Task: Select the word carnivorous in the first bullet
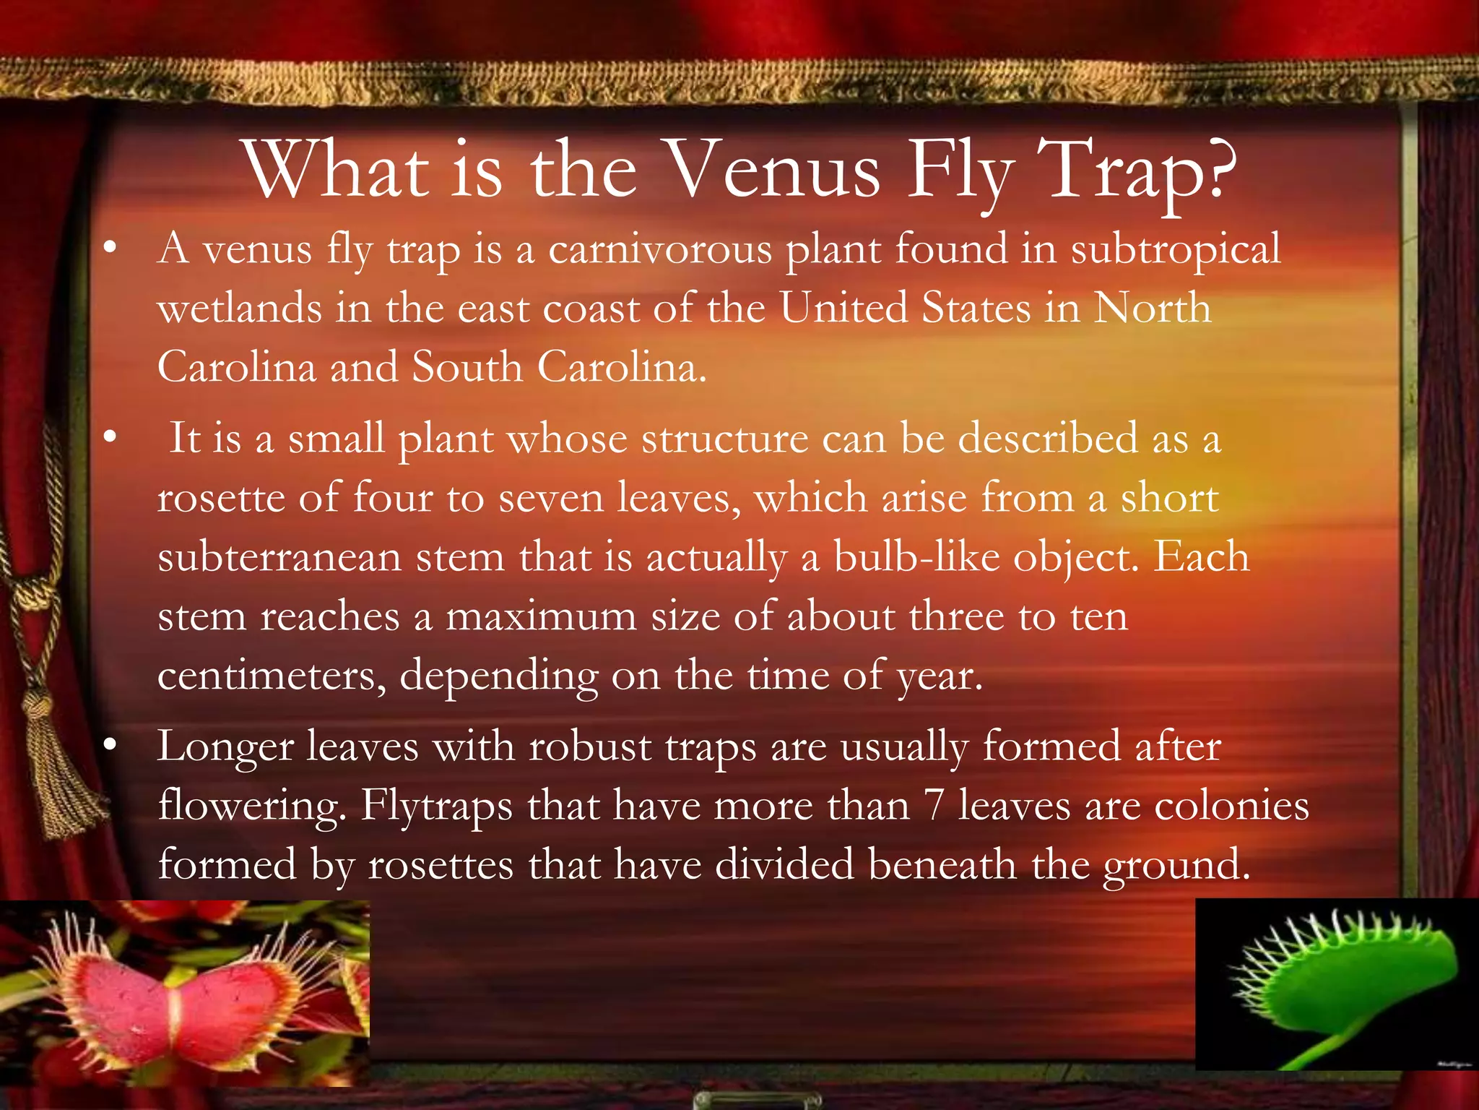(x=660, y=249)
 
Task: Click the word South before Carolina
(x=467, y=367)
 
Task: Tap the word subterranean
(x=279, y=558)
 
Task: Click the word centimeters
(x=272, y=676)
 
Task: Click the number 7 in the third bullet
(x=934, y=806)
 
